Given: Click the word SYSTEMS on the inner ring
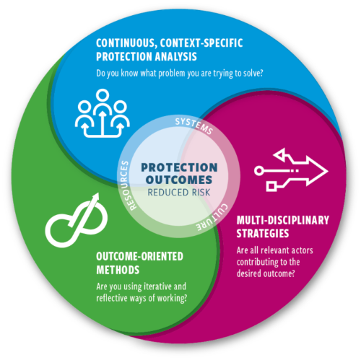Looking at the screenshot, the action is point(194,126).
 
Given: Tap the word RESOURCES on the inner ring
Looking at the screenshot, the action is point(126,185).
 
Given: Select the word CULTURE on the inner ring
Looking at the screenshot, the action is point(212,218).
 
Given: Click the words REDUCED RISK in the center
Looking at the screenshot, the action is point(179,193).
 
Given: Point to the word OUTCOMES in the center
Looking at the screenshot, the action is point(179,180).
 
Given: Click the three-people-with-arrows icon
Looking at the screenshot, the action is point(103,113).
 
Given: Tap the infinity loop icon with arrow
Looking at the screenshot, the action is point(76,220).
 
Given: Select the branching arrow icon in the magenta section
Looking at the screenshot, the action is point(291,170).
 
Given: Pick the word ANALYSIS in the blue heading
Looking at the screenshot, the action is point(175,56).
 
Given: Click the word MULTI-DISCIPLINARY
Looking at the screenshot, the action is point(282,220).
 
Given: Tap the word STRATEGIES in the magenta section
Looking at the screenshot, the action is point(263,234).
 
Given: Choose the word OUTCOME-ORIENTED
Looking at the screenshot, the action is point(139,257).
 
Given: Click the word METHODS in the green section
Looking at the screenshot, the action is point(118,270).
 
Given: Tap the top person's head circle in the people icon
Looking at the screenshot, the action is point(103,95).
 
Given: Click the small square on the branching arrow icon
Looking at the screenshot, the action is point(271,186).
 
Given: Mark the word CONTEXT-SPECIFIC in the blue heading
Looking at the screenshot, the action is point(201,43).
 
